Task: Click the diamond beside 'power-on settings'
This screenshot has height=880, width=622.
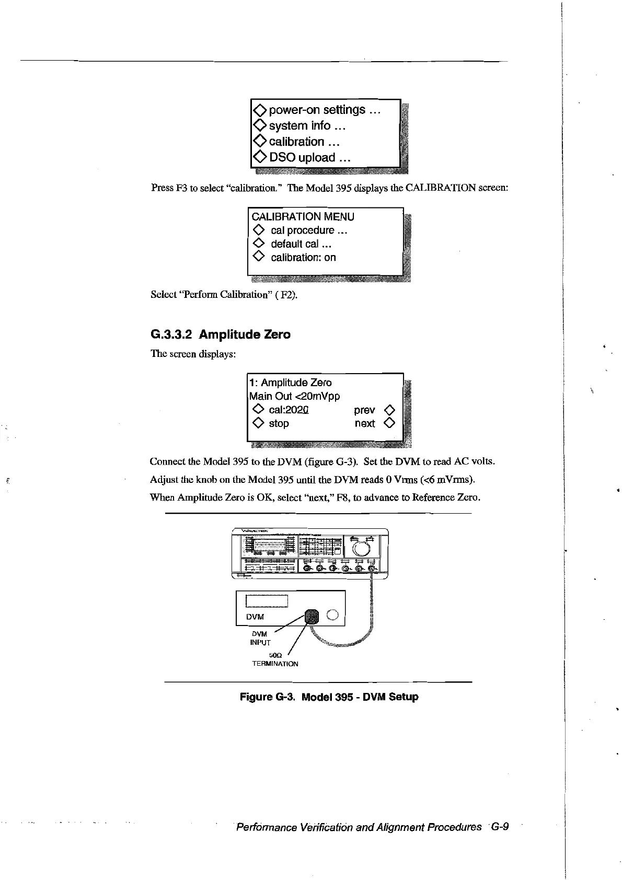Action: point(259,110)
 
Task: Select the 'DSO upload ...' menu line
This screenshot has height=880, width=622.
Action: point(309,158)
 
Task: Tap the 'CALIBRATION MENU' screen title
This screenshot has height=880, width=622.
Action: point(303,217)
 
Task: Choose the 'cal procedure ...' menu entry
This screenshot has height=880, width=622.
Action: point(309,230)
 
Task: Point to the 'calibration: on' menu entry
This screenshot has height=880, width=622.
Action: point(303,258)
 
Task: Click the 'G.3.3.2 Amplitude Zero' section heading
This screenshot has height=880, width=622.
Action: point(220,334)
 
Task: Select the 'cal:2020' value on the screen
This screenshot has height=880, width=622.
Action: point(289,410)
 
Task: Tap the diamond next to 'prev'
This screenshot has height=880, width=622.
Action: point(389,410)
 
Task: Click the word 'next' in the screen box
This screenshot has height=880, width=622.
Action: point(364,424)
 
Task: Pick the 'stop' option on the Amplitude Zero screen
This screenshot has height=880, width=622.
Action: point(279,424)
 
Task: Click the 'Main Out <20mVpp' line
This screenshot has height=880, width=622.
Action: point(295,397)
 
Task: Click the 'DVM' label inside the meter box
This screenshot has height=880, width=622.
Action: point(255,617)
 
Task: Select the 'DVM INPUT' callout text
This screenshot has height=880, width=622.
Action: point(260,638)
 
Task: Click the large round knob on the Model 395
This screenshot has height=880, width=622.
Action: point(362,548)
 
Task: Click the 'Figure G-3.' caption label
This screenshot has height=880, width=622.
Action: point(268,697)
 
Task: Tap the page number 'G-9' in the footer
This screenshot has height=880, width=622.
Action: point(499,827)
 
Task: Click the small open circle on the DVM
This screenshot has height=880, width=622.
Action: point(333,616)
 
